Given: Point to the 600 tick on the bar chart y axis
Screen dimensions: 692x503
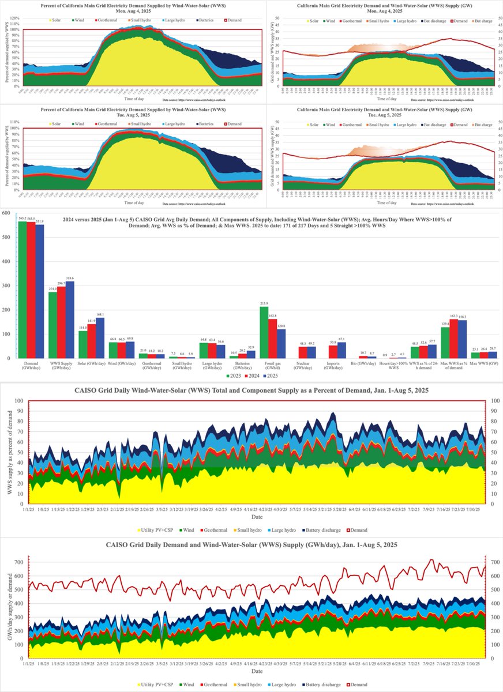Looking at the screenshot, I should coord(6,213).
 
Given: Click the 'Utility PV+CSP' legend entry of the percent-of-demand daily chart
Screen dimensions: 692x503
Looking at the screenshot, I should coord(157,529).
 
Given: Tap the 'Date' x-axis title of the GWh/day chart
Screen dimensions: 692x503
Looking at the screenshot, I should coord(251,672).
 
